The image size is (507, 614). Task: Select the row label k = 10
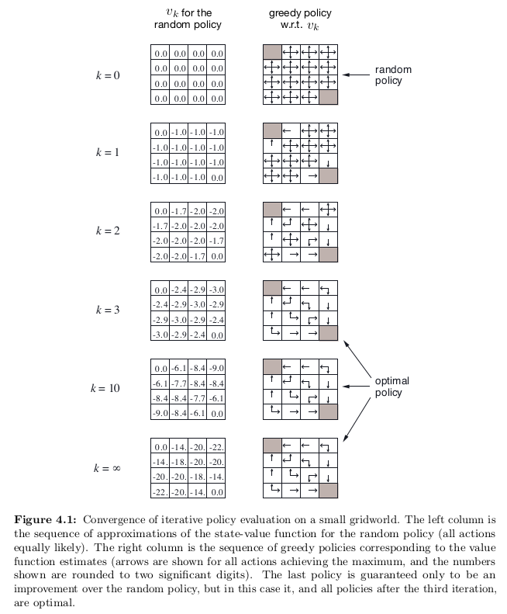coord(108,389)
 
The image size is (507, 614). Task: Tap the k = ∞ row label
coord(108,468)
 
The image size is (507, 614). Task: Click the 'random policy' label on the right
coord(393,75)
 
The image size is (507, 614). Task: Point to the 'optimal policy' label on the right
coord(391,387)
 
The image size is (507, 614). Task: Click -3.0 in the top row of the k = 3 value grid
coord(216,290)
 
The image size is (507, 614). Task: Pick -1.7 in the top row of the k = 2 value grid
coord(179,211)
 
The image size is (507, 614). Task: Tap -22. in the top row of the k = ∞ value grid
coord(216,447)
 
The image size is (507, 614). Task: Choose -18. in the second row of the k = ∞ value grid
coord(179,462)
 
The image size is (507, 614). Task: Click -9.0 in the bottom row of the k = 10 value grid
coord(160,414)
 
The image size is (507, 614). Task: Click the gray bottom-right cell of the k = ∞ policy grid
coord(329,491)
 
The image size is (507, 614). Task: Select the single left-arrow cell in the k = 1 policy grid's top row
coord(291,131)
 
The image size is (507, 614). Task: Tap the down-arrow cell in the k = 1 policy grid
coord(329,161)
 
